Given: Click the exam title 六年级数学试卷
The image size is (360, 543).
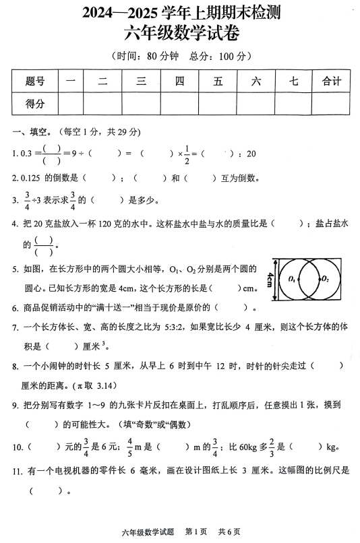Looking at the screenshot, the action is pos(181,32).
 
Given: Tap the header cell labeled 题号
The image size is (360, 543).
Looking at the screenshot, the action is pos(35,82).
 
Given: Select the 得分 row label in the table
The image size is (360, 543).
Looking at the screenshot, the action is pos(35,104).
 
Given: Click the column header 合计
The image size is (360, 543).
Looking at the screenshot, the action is pos(332,82).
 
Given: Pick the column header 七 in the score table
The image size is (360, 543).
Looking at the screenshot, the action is pos(293,82).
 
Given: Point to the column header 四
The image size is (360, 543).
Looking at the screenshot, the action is pos(179,82).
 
